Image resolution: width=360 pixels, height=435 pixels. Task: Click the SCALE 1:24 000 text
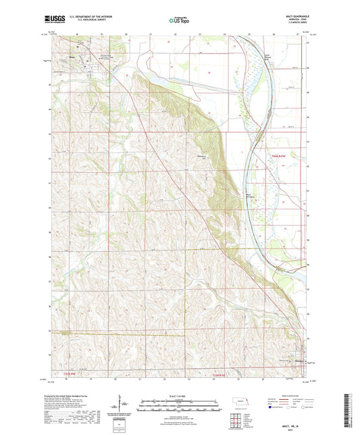click(179, 396)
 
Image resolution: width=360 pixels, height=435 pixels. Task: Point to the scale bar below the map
click(179, 403)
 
